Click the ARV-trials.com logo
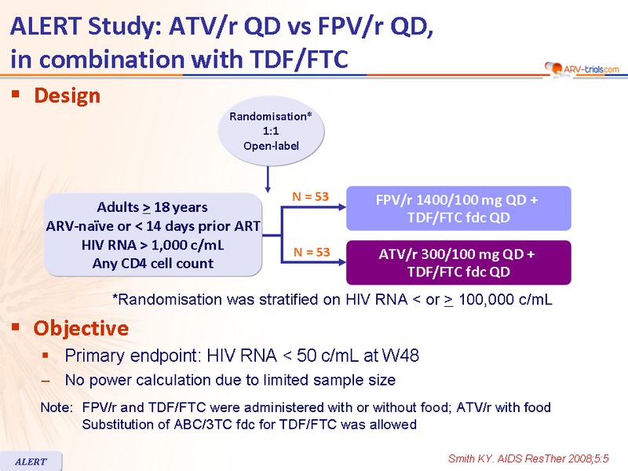tap(582, 69)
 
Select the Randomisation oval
tap(271, 131)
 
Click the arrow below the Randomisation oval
tap(268, 179)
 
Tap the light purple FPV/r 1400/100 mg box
tap(458, 208)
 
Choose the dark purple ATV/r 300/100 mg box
tap(458, 263)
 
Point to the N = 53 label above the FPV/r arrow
tap(310, 197)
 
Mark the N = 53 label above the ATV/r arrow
tap(312, 252)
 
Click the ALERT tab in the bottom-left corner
tap(31, 462)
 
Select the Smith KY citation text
tap(528, 458)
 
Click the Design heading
tap(67, 96)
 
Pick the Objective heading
tap(81, 328)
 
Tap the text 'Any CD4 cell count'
tap(152, 264)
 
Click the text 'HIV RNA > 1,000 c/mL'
tap(152, 245)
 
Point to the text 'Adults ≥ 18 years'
tap(152, 207)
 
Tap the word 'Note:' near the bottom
tap(57, 407)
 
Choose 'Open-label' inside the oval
tap(271, 146)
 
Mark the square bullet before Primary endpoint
tap(46, 356)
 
